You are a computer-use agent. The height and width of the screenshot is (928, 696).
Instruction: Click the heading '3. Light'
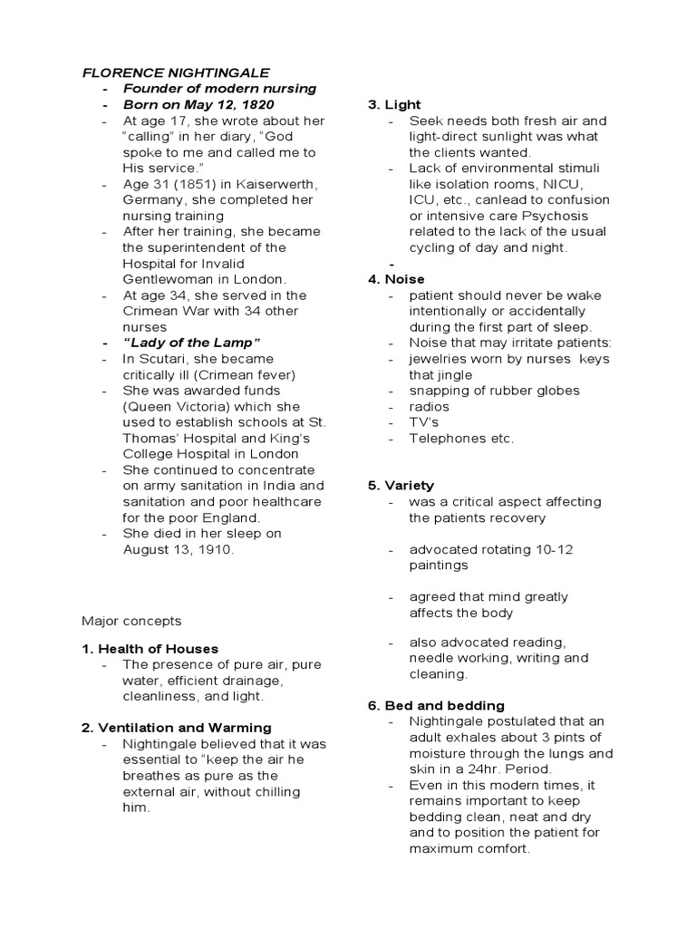[x=394, y=105]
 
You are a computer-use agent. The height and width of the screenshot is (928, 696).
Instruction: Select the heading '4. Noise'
[x=396, y=279]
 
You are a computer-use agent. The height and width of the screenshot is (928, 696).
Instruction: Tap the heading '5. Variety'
[x=401, y=486]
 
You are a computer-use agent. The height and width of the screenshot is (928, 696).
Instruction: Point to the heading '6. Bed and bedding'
[x=436, y=705]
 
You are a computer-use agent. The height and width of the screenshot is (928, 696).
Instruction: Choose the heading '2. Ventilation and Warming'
[x=177, y=728]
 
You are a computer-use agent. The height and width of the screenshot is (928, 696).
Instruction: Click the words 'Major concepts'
[x=131, y=621]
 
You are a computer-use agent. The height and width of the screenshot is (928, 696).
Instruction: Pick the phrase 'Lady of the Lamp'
[x=191, y=343]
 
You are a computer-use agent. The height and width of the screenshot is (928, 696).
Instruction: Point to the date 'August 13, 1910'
[x=179, y=549]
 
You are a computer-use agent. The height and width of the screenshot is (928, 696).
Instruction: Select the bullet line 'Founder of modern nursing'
[x=219, y=89]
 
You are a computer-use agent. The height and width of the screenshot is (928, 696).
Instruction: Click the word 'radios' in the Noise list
[x=429, y=407]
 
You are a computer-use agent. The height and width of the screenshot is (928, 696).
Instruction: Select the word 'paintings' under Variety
[x=439, y=565]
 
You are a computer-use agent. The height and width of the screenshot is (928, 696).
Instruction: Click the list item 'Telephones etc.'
[x=461, y=439]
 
